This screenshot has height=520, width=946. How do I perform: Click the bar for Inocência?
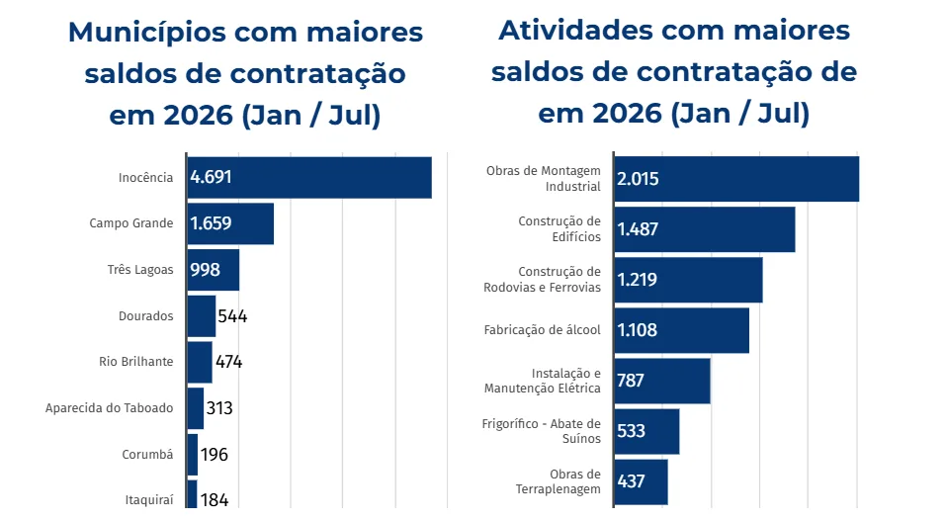(309, 177)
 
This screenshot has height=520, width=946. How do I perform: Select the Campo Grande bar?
(230, 223)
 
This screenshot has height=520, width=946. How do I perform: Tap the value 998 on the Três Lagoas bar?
(206, 270)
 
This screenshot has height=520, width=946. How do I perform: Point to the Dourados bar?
(202, 316)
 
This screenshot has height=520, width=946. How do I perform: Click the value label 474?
(229, 362)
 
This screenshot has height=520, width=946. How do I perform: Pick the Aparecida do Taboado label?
(109, 408)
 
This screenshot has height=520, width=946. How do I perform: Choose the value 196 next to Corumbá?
(215, 454)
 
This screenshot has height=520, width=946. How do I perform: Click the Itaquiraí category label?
(149, 500)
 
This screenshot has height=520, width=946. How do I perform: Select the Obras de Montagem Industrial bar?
(736, 179)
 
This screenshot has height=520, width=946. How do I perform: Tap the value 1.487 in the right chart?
(638, 229)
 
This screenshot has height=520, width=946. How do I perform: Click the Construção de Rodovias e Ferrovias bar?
(688, 280)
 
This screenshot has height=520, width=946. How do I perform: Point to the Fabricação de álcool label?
(543, 330)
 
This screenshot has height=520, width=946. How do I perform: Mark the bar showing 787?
(662, 381)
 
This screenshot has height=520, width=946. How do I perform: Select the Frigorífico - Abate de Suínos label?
(541, 431)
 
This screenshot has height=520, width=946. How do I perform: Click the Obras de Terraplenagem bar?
(642, 481)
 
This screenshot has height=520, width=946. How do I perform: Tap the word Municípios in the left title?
(146, 33)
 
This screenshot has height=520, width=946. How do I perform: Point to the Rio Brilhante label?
(136, 362)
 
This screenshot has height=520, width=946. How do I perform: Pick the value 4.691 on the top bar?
(212, 177)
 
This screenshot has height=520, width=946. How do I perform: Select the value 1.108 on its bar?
(638, 330)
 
